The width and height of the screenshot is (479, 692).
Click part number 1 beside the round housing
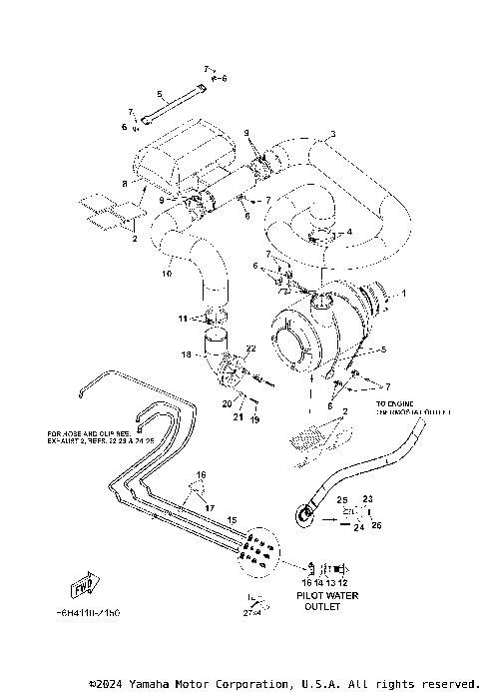(404, 294)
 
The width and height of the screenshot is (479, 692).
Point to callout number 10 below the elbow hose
(167, 273)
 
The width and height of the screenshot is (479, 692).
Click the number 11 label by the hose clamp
(183, 319)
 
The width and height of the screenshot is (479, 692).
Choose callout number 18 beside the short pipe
(185, 353)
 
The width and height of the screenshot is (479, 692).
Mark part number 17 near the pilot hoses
(210, 507)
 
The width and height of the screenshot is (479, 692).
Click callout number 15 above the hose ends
(232, 520)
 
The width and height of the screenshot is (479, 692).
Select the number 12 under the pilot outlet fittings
(343, 580)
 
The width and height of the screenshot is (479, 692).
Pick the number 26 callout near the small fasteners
(376, 525)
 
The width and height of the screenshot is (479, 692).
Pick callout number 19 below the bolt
(254, 421)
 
